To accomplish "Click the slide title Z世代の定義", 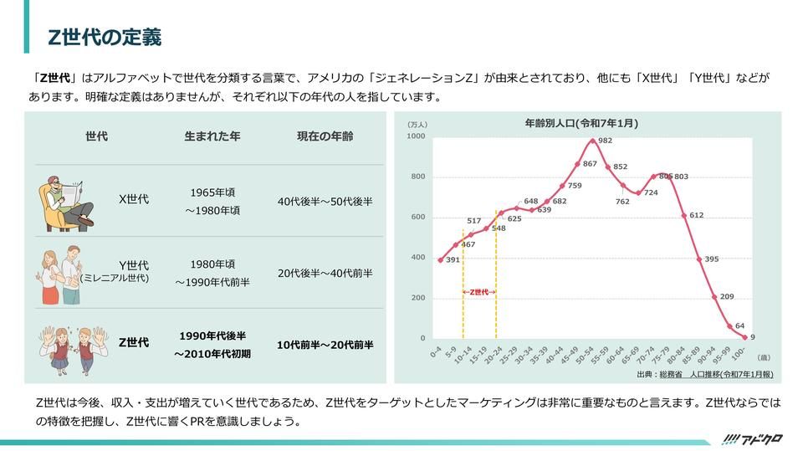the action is point(105,37).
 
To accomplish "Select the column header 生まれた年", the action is point(212,136).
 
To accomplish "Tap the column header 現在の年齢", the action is point(325,136).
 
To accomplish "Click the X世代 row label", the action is point(134,199).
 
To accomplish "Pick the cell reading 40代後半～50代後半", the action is point(325,202).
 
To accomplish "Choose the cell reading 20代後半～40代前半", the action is point(325,273).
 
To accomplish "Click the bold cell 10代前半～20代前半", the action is point(325,345).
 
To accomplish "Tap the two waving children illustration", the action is point(74,350).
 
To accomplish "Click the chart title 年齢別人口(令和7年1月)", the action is point(581,123).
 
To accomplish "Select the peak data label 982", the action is point(606,141).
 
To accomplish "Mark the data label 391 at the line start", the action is point(453,260).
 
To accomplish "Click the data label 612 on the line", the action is point(697,215).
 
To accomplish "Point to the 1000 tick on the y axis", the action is point(416,136).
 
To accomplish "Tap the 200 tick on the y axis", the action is point(418,298).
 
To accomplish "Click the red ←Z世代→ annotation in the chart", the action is point(479,292).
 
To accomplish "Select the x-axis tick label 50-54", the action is point(584,356).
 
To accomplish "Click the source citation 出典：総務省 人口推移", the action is point(705,375).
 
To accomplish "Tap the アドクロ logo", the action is point(752,439).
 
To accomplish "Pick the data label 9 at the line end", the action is point(753,337).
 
